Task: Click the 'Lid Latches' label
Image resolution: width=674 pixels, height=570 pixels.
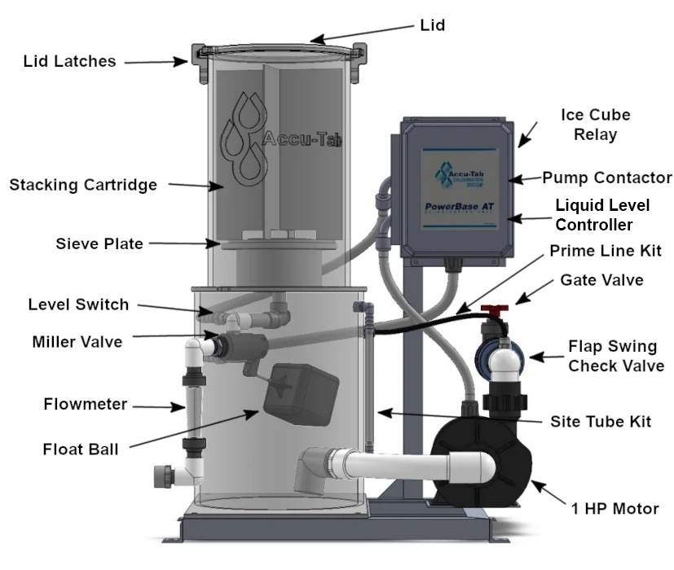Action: click(x=69, y=61)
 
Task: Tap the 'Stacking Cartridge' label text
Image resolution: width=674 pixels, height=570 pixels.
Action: click(x=82, y=185)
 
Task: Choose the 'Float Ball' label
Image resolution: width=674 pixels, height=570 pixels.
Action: click(x=80, y=449)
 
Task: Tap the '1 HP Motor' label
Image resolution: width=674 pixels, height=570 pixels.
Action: click(x=615, y=509)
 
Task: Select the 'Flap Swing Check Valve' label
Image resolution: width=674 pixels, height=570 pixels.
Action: click(x=615, y=357)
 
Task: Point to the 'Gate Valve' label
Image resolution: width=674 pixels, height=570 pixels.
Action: click(x=601, y=280)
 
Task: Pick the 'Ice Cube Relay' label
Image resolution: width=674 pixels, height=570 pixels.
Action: click(x=596, y=125)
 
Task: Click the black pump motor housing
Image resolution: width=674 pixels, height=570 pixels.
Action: click(x=481, y=465)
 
